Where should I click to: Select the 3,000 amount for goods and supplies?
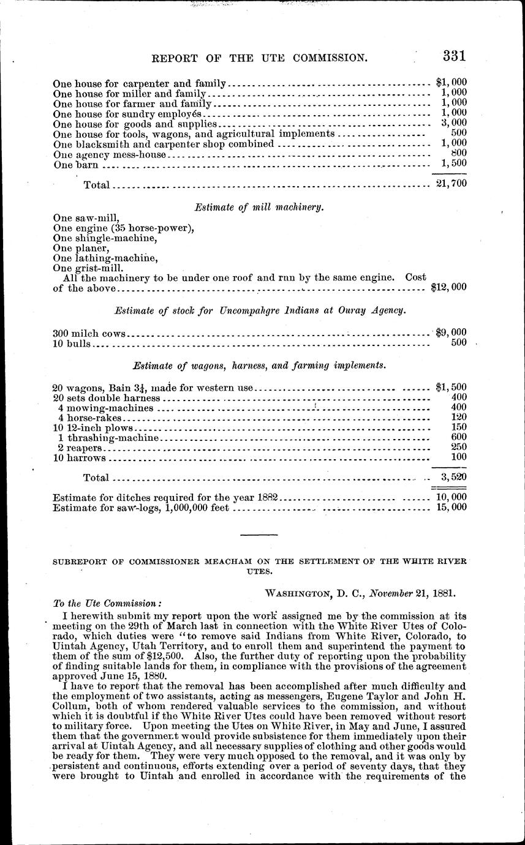click(454, 122)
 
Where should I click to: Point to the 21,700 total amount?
click(451, 184)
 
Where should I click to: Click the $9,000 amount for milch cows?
click(451, 333)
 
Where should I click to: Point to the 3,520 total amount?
click(454, 476)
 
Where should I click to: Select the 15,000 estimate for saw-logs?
click(450, 507)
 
